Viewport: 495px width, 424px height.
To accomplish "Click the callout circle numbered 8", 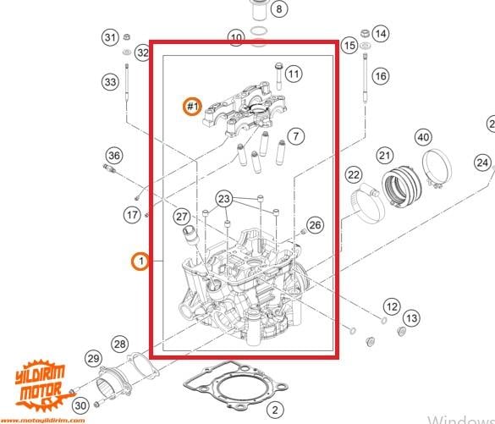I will click(279, 9).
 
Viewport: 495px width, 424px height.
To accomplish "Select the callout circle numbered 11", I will click(293, 74).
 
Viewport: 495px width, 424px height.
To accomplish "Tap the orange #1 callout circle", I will click(193, 106).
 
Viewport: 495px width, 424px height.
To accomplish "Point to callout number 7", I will click(294, 135).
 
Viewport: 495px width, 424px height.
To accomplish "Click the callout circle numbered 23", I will click(223, 199).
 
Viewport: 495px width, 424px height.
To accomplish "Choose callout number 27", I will click(182, 217).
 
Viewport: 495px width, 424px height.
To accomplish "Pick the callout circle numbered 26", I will click(315, 225).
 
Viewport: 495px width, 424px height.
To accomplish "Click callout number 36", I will click(114, 155).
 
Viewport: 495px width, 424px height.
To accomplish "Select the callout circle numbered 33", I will click(111, 82).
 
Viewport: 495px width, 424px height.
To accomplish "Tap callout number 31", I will click(111, 37).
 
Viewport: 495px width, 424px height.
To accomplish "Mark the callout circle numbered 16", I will click(380, 76).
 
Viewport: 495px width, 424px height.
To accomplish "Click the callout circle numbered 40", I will click(422, 138).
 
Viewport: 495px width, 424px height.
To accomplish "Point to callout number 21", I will click(385, 156).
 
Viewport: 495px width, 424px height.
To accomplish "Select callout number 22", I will click(353, 175).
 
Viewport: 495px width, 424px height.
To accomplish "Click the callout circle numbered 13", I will click(410, 318).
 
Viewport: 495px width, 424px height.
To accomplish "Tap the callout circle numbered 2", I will click(273, 410).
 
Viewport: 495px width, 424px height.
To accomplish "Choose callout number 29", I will click(93, 360).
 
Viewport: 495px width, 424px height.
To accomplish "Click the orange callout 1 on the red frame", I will click(140, 261).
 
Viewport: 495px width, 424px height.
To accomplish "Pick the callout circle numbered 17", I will click(133, 215).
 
